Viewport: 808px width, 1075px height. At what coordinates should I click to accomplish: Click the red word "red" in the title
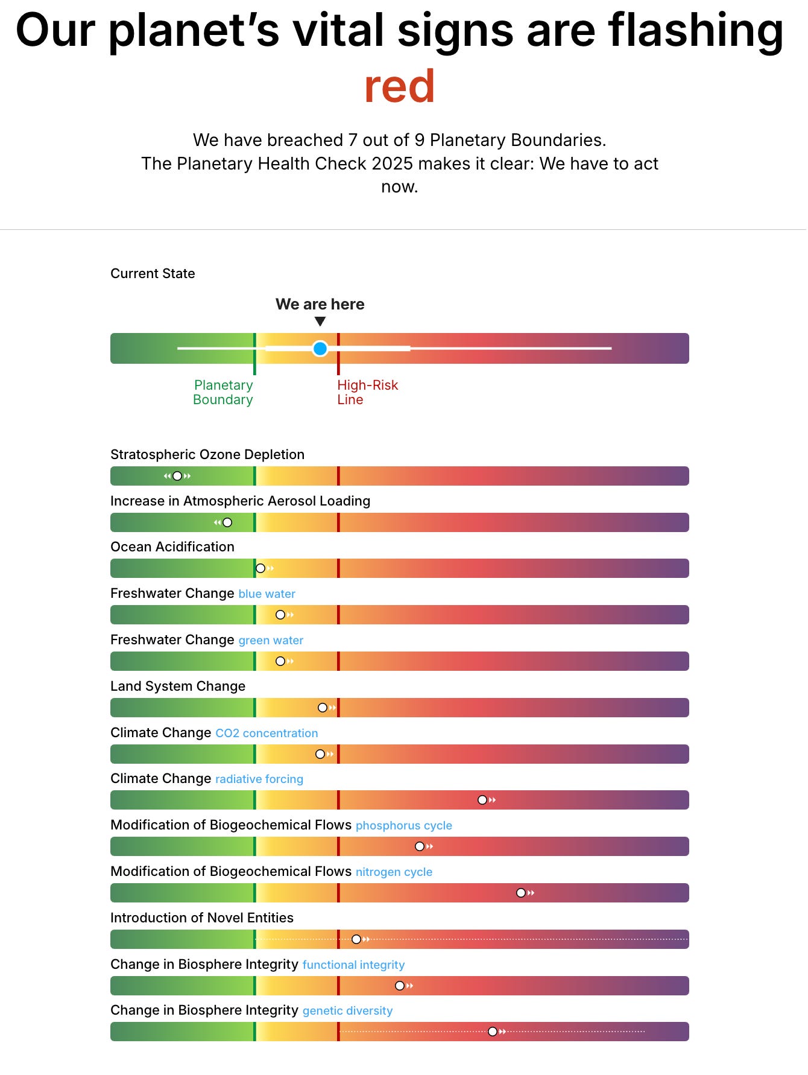point(399,86)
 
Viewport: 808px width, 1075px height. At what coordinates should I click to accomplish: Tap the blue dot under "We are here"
point(320,348)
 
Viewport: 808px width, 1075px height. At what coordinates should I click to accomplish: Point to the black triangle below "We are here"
point(320,322)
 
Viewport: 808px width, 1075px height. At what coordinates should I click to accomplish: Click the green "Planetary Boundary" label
point(223,392)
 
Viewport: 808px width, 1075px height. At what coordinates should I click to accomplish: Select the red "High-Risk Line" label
point(367,392)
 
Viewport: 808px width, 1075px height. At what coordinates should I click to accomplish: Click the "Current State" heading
point(153,273)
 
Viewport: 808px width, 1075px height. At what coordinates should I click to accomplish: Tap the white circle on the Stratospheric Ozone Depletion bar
point(177,476)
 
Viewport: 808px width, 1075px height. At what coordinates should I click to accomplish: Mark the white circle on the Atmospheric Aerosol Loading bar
point(227,522)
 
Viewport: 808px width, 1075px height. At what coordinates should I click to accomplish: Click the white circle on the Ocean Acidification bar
point(260,568)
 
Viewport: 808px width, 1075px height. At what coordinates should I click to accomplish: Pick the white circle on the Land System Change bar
point(323,708)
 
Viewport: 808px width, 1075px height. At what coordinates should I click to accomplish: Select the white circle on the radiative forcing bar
point(482,800)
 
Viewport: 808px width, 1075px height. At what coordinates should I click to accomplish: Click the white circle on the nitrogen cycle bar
point(521,893)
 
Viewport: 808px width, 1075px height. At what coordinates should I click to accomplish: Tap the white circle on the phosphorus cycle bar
point(420,846)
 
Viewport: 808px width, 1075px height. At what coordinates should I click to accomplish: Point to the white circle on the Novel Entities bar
point(356,939)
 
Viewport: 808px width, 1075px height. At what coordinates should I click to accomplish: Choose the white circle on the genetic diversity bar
point(493,1032)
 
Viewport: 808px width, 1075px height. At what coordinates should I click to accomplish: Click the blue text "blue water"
point(267,594)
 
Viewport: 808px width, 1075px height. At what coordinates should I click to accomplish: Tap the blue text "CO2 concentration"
point(267,733)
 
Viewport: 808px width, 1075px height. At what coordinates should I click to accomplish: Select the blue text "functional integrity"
point(353,965)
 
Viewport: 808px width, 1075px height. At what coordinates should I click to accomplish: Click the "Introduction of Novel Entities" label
point(202,918)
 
